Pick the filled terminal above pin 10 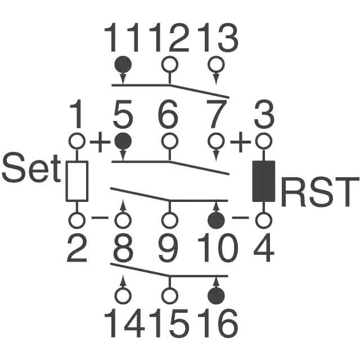(x=215, y=220)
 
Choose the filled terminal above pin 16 (x=215, y=295)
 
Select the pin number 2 (x=77, y=249)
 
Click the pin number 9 (x=168, y=249)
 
